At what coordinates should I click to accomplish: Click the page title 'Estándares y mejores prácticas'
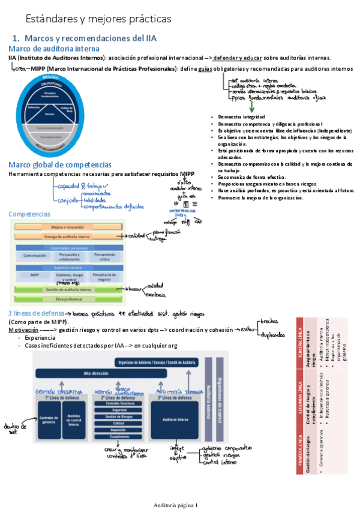click(x=91, y=19)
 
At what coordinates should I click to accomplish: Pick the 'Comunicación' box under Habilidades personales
click(x=35, y=256)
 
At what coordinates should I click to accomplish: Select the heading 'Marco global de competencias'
click(x=59, y=164)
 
